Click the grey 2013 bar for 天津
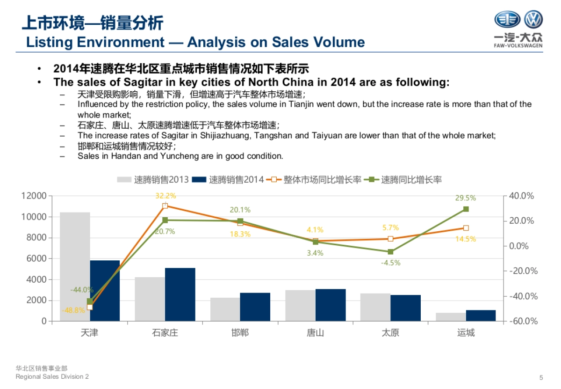pyautogui.click(x=75, y=266)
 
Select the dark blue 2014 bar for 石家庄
pyautogui.click(x=180, y=294)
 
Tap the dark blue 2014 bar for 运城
pyautogui.click(x=481, y=316)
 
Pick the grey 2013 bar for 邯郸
pyautogui.click(x=225, y=309)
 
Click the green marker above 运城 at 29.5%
pyautogui.click(x=466, y=209)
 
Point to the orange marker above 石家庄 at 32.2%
pyautogui.click(x=165, y=206)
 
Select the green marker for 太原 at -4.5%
pyautogui.click(x=390, y=252)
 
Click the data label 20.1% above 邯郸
pyautogui.click(x=240, y=210)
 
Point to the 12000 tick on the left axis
pyautogui.click(x=34, y=196)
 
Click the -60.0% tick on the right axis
pyautogui.click(x=521, y=321)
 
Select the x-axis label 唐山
pyautogui.click(x=315, y=333)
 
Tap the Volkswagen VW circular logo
pyautogui.click(x=533, y=20)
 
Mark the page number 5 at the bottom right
pyautogui.click(x=541, y=377)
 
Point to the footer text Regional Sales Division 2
pyautogui.click(x=52, y=377)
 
